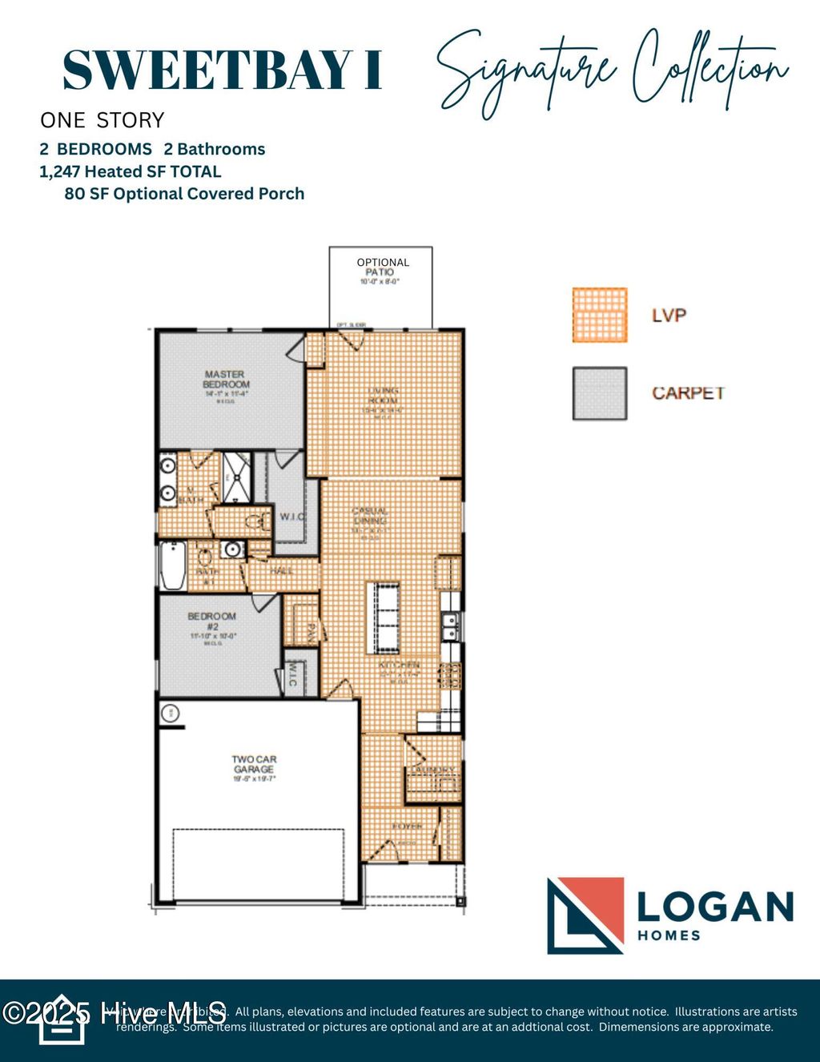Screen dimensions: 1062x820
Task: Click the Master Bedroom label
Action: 225,380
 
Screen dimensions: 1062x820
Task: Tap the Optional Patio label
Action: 382,268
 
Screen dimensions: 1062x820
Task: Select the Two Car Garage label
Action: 254,764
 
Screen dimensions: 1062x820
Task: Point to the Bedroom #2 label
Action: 211,622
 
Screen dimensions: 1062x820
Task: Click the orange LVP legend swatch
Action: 600,315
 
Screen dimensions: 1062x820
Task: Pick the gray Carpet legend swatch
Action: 600,393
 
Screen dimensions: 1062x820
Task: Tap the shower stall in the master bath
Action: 237,477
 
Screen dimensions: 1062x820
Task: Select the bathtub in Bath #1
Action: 172,565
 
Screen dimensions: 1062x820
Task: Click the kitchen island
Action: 383,617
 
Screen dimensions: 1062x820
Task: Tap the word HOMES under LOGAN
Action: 669,935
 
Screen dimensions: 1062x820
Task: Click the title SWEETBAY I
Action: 222,70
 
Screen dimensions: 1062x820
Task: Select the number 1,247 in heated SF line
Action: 60,171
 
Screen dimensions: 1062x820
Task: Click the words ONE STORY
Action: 102,120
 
